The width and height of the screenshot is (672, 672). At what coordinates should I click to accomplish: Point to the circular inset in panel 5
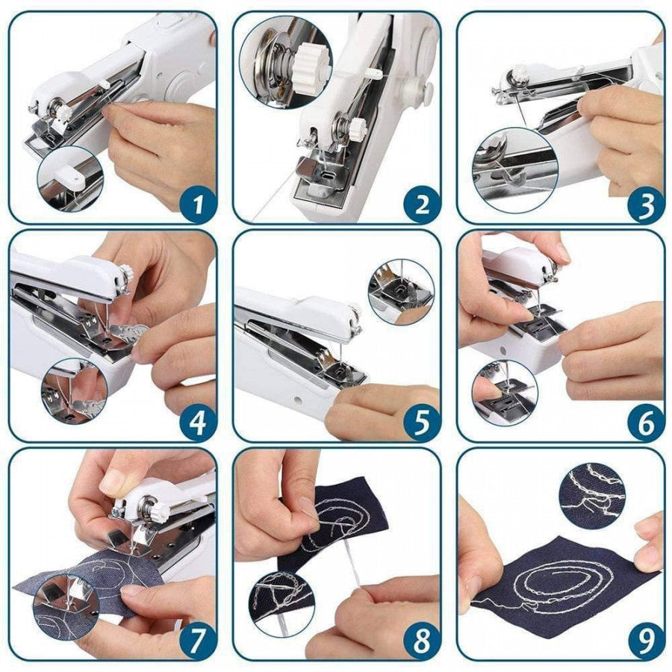pyautogui.click(x=401, y=291)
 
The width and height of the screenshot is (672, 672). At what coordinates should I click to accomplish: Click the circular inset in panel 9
pyautogui.click(x=592, y=496)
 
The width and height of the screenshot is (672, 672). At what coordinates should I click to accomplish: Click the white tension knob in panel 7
pyautogui.click(x=159, y=514)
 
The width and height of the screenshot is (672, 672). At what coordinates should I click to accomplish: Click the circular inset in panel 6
pyautogui.click(x=505, y=393)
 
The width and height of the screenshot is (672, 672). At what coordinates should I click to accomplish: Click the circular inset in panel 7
pyautogui.click(x=67, y=606)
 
